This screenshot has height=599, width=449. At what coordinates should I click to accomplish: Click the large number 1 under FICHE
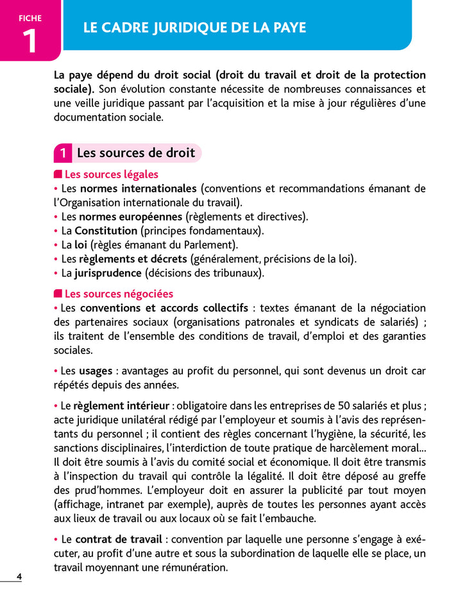click(30, 40)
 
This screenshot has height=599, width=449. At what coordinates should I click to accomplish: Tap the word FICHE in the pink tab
click(30, 18)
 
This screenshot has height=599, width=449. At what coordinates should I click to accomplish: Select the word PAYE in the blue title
click(289, 28)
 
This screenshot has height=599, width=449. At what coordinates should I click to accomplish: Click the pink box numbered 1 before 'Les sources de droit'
click(62, 153)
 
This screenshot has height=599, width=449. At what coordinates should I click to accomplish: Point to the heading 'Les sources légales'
click(111, 174)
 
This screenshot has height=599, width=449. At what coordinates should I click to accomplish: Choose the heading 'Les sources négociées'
click(119, 294)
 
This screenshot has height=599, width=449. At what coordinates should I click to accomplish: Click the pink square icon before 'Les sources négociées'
click(58, 294)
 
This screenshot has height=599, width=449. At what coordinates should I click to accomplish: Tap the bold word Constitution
click(106, 230)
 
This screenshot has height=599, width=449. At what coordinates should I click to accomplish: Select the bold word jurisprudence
click(108, 273)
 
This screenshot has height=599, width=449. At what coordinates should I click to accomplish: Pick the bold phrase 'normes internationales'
click(138, 189)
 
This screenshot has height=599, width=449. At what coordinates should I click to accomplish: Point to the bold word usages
click(96, 371)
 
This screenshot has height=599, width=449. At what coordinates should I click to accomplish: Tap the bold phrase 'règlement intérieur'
click(121, 406)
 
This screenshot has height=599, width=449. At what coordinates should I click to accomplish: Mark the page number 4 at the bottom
click(19, 577)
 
